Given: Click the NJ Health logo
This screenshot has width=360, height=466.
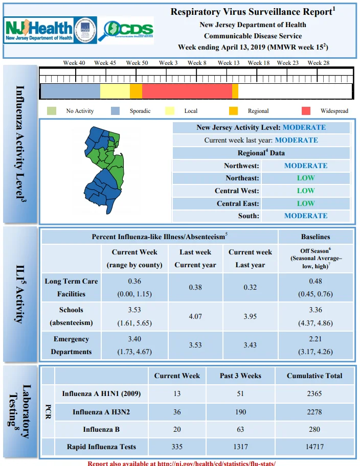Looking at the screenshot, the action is pos(38,30).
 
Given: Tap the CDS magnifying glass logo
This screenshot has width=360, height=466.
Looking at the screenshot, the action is pos(126,30).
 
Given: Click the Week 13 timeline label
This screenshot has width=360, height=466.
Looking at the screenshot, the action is pos(229,63).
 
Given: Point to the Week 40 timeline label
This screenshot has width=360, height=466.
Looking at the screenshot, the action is pos(74,63).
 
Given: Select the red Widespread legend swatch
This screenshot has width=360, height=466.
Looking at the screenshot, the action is pos(306,111).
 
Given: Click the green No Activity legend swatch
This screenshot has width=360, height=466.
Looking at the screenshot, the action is pos(52,111).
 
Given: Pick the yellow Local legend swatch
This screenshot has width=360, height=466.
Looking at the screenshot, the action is pos(170,111).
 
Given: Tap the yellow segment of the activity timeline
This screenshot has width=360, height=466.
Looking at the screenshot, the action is pos(115,91).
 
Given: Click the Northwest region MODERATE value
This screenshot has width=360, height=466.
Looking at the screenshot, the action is pos(306,166).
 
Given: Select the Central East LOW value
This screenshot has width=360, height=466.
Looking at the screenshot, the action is pos(306,203).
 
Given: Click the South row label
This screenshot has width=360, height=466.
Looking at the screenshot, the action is pos(249,216).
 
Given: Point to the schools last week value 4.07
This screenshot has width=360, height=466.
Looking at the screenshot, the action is pos(195,316).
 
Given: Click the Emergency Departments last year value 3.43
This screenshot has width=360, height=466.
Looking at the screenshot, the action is pos(250,345).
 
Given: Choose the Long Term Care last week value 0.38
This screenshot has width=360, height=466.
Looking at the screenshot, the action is pos(195,287).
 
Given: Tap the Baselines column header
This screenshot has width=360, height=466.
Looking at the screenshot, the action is pos(316,237).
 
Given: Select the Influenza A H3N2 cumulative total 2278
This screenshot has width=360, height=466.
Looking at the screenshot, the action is pos(314,412).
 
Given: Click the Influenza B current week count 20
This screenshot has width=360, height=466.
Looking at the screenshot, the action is pos(177,429).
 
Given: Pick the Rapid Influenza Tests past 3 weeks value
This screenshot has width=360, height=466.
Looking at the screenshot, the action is pos(240,447).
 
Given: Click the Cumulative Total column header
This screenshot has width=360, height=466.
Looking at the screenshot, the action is pos(314,376).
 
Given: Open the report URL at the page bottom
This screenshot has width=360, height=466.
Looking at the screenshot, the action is pos(182,463).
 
